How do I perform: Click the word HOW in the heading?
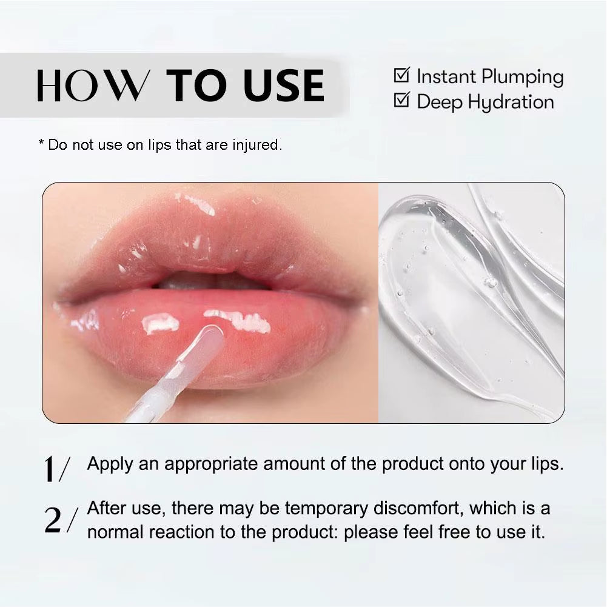92,86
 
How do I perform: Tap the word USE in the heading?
284,86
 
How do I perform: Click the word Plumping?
522,78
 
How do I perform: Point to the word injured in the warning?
257,145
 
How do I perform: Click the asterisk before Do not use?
41,144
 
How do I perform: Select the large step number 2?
53,520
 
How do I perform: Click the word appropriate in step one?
213,464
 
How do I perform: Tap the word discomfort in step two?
418,508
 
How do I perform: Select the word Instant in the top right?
446,76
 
